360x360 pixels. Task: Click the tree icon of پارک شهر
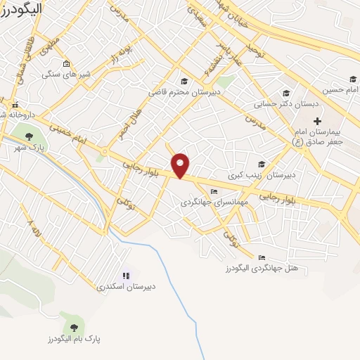click(29, 136)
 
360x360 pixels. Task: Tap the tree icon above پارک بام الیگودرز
click(74, 326)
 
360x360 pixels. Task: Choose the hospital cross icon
click(317, 122)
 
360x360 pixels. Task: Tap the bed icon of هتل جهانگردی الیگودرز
click(262, 257)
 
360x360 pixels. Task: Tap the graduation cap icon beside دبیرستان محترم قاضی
click(184, 80)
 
